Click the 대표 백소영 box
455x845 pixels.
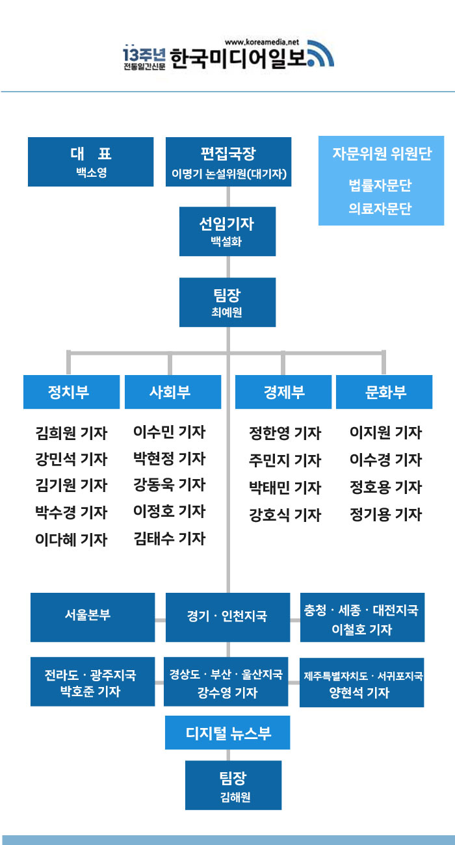pos(90,162)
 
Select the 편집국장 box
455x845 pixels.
pos(227,162)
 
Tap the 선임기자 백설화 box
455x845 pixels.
pos(227,231)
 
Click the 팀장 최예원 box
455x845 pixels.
pos(227,302)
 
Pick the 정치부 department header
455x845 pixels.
pos(71,392)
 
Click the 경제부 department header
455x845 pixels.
pos(283,392)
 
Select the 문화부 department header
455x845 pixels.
pos(384,392)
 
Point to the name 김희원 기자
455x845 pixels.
pos(71,433)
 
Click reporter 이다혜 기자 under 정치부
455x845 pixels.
pos(71,539)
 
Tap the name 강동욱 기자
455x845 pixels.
pos(170,485)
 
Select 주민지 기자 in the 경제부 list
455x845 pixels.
pos(285,460)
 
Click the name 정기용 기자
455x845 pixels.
pos(385,515)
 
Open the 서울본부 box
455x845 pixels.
pos(92,617)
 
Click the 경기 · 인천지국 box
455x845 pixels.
pos(227,617)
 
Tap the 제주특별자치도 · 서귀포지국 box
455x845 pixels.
pos(362,682)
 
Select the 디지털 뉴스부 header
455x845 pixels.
pos(227,733)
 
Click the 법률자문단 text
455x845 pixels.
pos(380,186)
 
